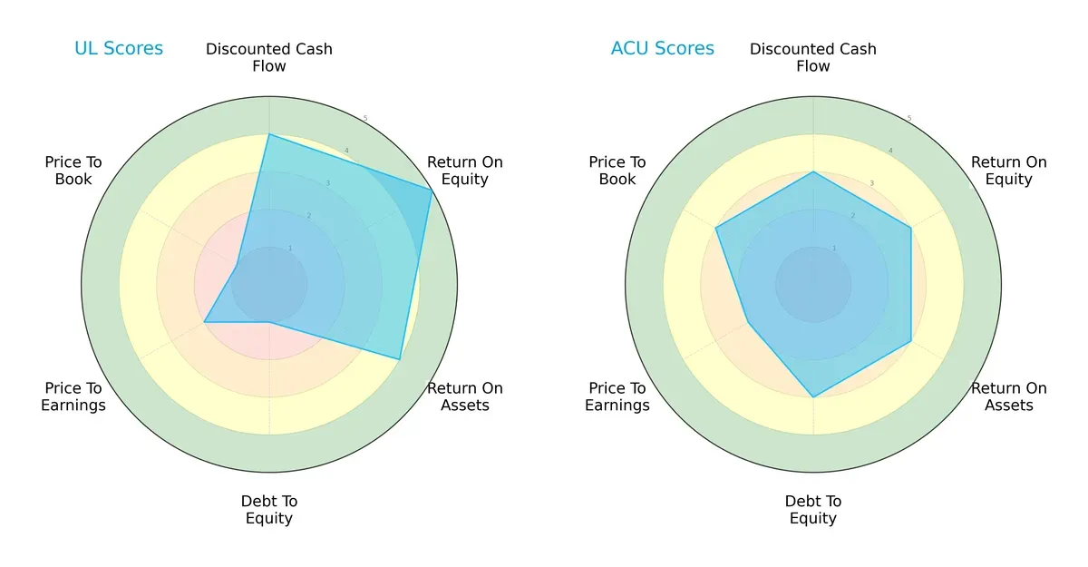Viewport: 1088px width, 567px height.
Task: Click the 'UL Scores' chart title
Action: (x=119, y=49)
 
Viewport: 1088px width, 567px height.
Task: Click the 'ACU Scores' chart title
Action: (x=662, y=49)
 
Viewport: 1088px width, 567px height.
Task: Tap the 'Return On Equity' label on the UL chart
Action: (x=465, y=171)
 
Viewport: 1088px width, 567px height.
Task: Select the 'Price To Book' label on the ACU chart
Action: (x=617, y=171)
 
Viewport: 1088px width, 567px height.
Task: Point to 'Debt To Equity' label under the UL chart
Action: (x=269, y=510)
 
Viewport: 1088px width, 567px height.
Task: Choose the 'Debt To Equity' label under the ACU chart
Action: (x=813, y=510)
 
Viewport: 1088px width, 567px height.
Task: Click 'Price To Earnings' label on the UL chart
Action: (x=73, y=396)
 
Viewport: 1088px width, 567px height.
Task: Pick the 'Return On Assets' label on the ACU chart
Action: (x=1009, y=396)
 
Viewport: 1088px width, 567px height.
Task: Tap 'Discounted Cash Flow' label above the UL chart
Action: (x=269, y=57)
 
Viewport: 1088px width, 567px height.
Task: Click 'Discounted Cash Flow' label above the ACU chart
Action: (x=813, y=57)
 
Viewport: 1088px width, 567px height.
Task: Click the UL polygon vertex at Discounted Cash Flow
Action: (x=269, y=134)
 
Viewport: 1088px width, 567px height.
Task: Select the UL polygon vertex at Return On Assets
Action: (x=400, y=359)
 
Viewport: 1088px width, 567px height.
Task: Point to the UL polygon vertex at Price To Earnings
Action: (x=204, y=322)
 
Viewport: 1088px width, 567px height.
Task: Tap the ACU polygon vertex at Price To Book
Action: (x=716, y=228)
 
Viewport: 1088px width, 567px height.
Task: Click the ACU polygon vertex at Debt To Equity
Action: (x=813, y=397)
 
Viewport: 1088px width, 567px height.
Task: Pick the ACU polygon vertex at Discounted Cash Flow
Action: (x=813, y=171)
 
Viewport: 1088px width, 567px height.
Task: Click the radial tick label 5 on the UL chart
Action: (x=365, y=119)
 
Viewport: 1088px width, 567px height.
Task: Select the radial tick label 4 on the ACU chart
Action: (x=889, y=151)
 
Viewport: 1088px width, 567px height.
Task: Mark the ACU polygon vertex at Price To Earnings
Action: (x=748, y=322)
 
